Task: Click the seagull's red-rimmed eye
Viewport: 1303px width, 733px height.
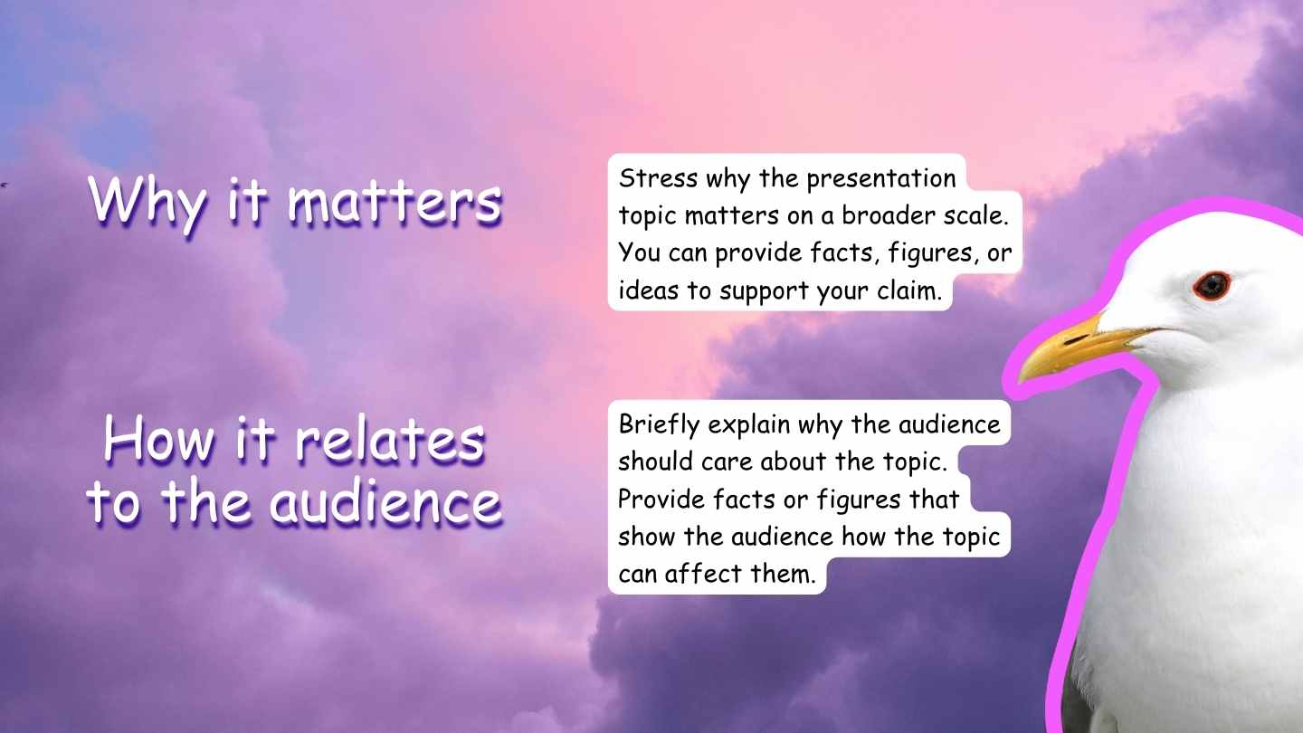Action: tap(1211, 286)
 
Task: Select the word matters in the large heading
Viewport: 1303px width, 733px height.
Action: tap(395, 202)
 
